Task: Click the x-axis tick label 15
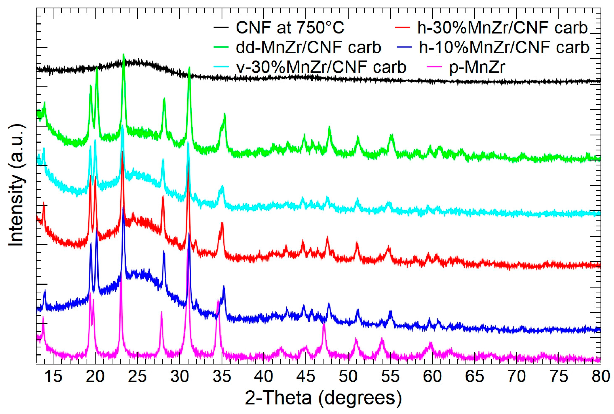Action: click(53, 376)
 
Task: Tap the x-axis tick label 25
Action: click(137, 376)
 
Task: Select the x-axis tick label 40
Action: click(264, 376)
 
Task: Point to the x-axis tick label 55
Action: click(390, 376)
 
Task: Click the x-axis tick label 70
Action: click(517, 376)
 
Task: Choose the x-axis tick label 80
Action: click(600, 376)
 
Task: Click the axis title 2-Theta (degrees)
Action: click(323, 398)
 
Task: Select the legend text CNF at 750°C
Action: click(290, 28)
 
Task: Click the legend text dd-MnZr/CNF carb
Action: click(309, 48)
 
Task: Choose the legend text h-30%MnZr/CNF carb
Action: click(502, 28)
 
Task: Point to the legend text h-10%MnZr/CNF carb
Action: click(504, 48)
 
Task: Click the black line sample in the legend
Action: click(221, 28)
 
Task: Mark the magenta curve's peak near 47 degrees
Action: click(324, 325)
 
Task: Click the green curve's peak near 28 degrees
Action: click(164, 98)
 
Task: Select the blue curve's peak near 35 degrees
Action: click(224, 287)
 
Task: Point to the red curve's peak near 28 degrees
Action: click(163, 197)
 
